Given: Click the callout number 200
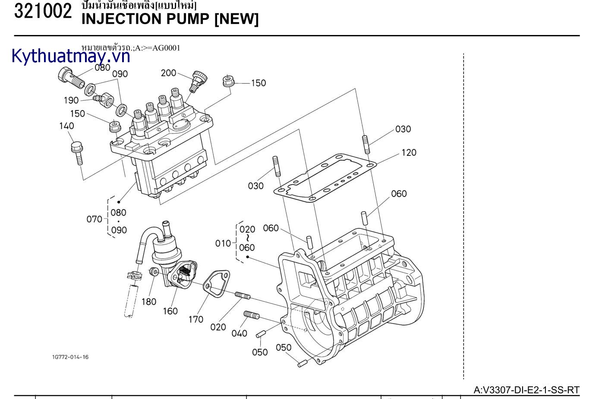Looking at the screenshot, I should (168, 73).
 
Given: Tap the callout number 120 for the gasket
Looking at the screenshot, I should (409, 152).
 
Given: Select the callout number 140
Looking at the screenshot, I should (66, 126).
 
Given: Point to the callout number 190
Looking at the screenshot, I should (71, 100).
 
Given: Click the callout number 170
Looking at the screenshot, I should (195, 320).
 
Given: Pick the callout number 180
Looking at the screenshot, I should (149, 302).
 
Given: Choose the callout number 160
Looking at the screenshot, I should (170, 311).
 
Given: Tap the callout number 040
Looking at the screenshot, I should (239, 333).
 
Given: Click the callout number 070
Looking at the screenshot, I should (94, 219).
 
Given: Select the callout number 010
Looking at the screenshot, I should (223, 244).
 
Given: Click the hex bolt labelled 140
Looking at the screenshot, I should (77, 152).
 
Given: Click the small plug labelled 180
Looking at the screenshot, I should (153, 272).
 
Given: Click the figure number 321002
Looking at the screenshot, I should (43, 12).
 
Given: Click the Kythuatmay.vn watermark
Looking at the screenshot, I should (71, 56).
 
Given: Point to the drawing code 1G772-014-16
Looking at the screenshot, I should (70, 357).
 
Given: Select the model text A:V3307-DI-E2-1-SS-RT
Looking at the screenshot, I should (526, 390).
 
